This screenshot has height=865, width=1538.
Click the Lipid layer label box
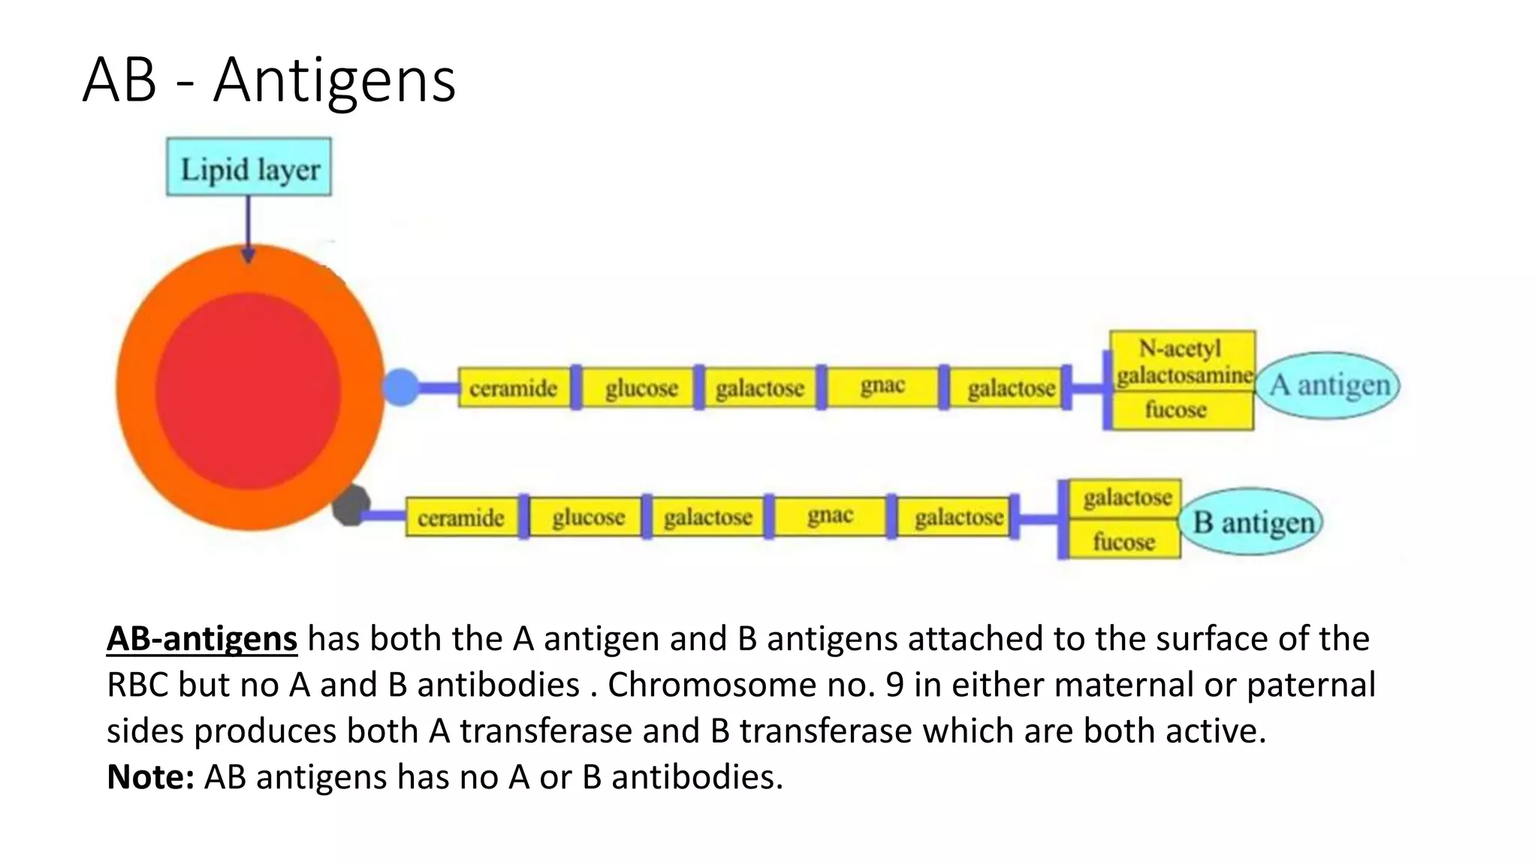tap(249, 167)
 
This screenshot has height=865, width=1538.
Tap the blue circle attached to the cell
tap(401, 387)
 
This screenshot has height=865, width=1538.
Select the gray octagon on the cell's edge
tap(351, 505)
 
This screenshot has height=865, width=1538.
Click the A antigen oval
tap(1328, 385)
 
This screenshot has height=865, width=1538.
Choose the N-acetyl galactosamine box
tap(1183, 361)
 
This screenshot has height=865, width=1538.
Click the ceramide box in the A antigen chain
tap(514, 388)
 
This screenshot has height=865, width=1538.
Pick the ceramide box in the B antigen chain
tap(461, 517)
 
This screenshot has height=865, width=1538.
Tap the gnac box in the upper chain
tap(882, 387)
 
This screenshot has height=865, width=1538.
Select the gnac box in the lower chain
tap(830, 517)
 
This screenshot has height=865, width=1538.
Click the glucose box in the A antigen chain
tap(641, 388)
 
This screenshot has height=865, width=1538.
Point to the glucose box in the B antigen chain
tap(588, 517)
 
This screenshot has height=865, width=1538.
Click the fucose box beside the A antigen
tap(1177, 411)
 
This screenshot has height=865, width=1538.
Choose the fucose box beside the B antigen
tap(1124, 541)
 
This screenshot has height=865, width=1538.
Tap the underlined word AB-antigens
tap(202, 639)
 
